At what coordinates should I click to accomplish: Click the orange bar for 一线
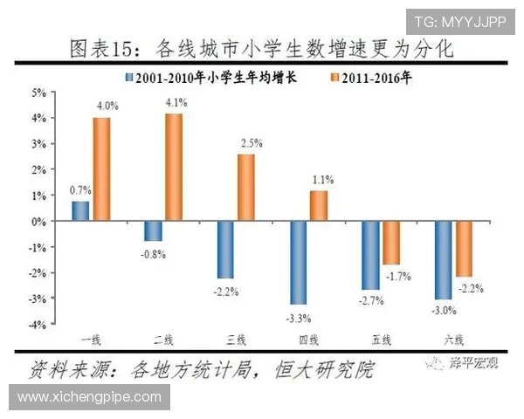click(x=101, y=169)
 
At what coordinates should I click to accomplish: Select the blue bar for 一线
click(x=80, y=211)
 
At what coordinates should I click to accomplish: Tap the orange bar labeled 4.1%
click(x=174, y=168)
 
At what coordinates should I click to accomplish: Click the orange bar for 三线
click(x=246, y=188)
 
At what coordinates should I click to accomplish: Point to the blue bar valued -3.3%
click(x=299, y=262)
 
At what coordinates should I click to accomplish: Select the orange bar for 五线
click(x=391, y=243)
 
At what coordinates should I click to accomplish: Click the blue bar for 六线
click(x=443, y=259)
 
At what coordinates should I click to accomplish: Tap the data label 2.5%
click(x=251, y=142)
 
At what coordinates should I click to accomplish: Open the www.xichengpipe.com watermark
click(x=90, y=396)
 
